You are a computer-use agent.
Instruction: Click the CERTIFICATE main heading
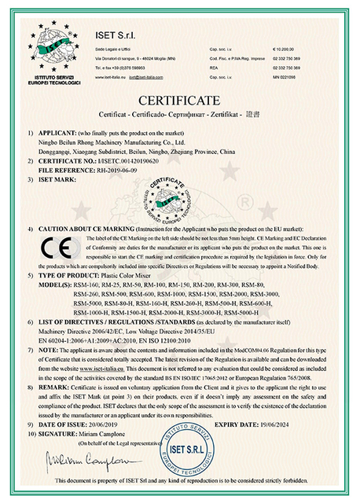click(180, 101)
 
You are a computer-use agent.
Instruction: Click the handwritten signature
click(66, 457)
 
